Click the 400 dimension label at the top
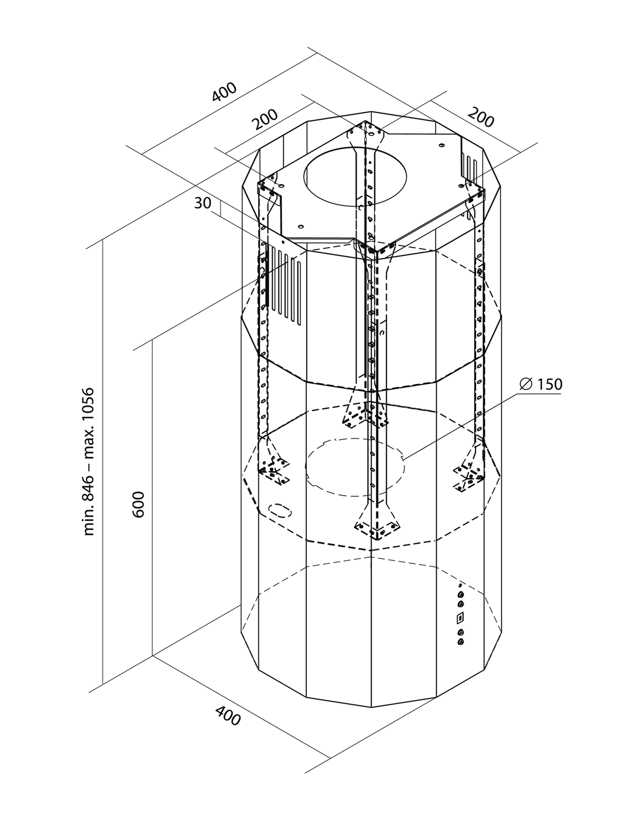coord(225,92)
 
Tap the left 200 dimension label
coord(264,119)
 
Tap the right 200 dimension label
coord(481,118)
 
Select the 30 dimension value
coord(203,204)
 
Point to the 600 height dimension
coord(139,504)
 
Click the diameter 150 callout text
coord(541,384)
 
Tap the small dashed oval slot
coord(279,510)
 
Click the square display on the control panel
coord(460,618)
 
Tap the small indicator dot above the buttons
coord(460,585)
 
